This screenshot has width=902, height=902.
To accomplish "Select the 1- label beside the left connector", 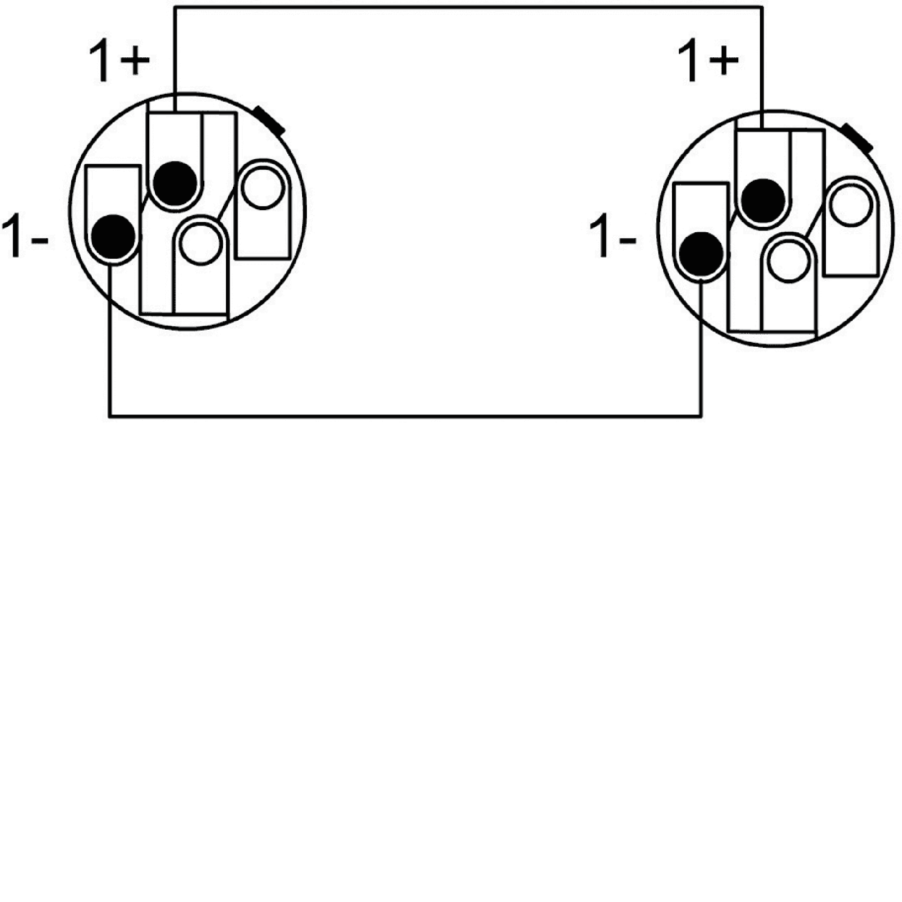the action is pos(25,236).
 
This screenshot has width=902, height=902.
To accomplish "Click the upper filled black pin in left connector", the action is pos(175,184).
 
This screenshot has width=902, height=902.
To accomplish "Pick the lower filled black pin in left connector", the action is pos(114,237).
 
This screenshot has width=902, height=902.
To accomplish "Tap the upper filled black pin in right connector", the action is pos(764,201).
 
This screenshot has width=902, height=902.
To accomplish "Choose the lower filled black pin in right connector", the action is pos(702,254).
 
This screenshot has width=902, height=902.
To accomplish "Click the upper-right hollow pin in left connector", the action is pos(263,188).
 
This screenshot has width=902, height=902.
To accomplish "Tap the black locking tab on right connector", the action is pos(858,138).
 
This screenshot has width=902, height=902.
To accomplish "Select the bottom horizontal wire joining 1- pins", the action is pos(405,415).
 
